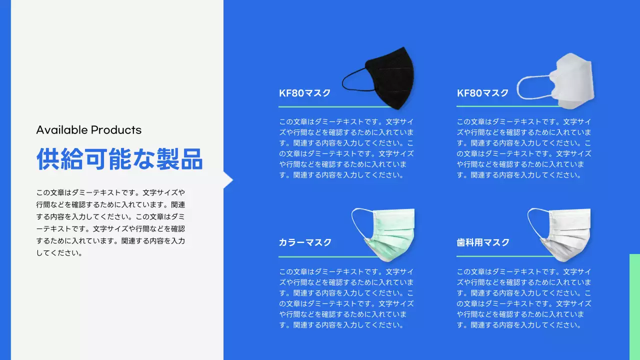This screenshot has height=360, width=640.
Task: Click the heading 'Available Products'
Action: point(89,130)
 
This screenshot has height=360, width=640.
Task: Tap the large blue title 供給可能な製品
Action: point(119,159)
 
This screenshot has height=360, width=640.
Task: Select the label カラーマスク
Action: point(305,242)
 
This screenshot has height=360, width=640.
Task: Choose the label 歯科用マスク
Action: point(483,242)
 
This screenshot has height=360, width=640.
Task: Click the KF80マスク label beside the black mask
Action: point(305,93)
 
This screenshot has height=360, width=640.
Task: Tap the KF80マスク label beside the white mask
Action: point(482,93)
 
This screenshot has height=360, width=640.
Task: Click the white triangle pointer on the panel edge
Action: point(228,180)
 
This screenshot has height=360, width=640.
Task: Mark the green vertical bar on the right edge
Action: point(634,306)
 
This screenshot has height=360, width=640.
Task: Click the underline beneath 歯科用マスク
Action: point(500,256)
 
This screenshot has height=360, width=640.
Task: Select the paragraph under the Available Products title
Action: point(110,222)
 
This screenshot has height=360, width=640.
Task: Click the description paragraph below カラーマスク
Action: point(346,298)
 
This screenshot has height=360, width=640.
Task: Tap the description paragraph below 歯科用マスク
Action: point(524,298)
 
